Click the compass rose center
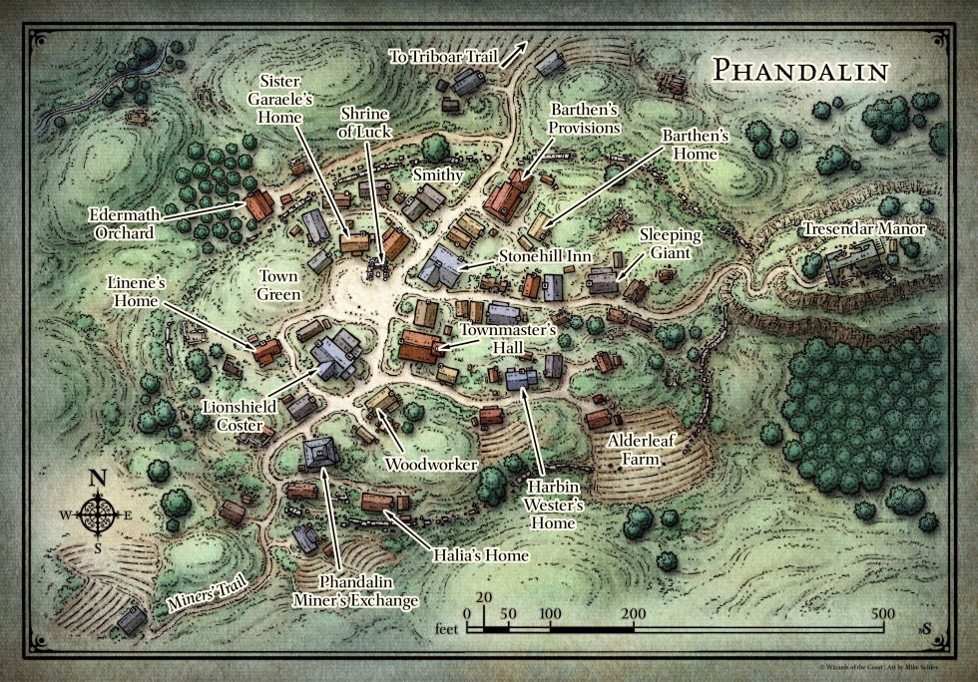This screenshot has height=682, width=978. click(98, 513)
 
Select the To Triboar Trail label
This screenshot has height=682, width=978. click(442, 57)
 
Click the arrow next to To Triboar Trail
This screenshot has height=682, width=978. click(515, 53)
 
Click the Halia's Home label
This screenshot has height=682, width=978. click(479, 555)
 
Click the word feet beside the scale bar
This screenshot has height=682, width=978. click(450, 630)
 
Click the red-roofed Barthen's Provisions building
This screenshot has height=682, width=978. click(507, 197)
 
